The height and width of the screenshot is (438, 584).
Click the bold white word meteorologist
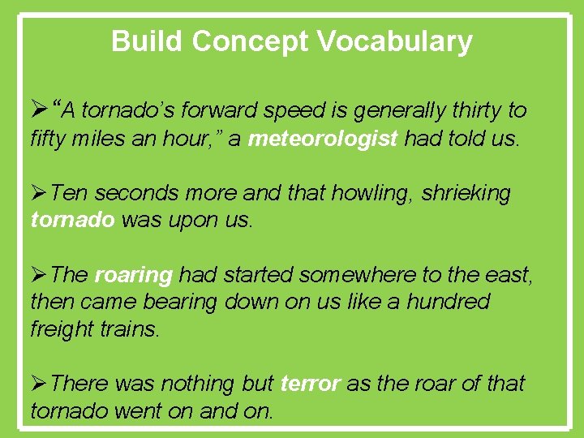coord(323,139)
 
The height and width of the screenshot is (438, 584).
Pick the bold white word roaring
coord(134,276)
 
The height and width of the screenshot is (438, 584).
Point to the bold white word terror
coord(310,384)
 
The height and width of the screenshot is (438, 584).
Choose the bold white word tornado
coord(72,221)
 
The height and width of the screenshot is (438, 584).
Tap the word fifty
coord(50,139)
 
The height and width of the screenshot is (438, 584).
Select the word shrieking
coord(466,194)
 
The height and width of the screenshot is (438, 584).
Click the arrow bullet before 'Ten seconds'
coord(39,194)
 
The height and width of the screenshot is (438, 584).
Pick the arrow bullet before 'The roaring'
coord(39,276)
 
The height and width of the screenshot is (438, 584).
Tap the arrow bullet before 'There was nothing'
coord(39,384)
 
